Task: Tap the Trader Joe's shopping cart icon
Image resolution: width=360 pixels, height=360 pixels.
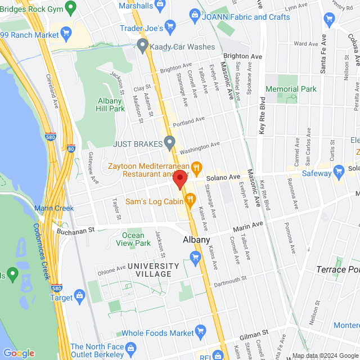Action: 171,28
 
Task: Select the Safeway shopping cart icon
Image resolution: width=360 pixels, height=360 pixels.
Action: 339,170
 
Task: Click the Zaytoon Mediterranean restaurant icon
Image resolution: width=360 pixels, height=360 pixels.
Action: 196,166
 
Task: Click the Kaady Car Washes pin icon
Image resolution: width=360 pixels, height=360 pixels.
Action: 143,44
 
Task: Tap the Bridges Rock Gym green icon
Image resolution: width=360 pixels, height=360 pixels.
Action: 70,7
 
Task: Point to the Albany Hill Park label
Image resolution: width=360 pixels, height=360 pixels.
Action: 110,104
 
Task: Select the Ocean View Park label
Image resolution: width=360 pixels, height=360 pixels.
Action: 136,239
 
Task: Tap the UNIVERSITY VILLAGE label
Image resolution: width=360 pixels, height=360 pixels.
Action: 149,269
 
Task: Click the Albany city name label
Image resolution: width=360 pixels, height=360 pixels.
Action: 196,240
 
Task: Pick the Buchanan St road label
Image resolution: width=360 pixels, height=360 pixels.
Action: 75,229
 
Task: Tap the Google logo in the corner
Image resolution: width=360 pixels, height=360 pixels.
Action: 19,353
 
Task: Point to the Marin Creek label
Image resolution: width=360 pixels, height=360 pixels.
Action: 54,208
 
